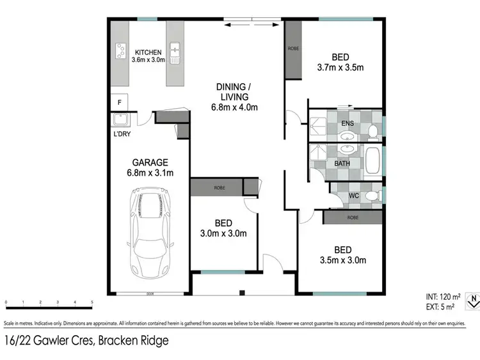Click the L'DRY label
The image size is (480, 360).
click(122, 135)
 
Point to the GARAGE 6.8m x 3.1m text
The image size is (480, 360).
click(150, 167)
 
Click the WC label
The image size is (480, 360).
click(354, 196)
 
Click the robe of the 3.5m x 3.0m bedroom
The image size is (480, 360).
click(353, 217)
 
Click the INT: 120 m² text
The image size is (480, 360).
click(443, 297)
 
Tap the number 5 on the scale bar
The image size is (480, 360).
click(92, 302)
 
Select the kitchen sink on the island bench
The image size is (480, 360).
click(175, 50)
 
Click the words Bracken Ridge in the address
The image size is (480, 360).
click(133, 341)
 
